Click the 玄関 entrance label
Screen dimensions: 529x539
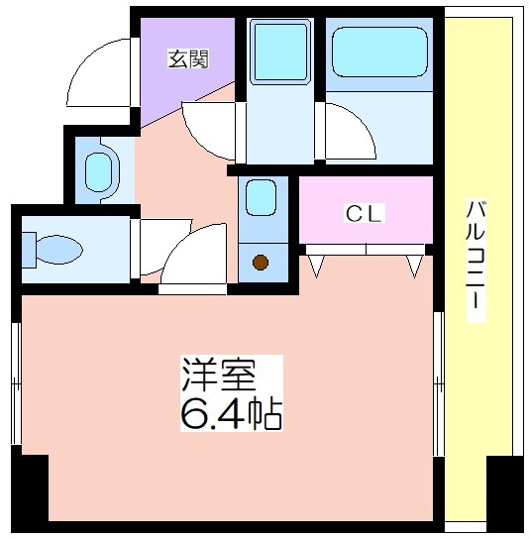(x=188, y=58)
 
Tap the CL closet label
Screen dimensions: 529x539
(x=364, y=213)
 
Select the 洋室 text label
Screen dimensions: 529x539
(x=219, y=376)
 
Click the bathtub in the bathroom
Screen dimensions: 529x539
(x=379, y=52)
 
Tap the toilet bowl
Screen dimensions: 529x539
(x=58, y=250)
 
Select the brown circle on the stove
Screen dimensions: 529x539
(x=261, y=263)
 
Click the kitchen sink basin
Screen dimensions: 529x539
(x=262, y=197)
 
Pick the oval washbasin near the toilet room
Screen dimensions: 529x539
(x=99, y=172)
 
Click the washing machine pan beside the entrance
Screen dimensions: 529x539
(x=280, y=52)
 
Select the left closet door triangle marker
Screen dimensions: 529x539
(x=316, y=266)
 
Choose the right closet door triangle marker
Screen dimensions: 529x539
(x=414, y=266)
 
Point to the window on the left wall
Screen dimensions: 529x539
(x=16, y=383)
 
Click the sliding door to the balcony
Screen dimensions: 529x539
(x=438, y=384)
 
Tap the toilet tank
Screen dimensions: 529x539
(x=29, y=250)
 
